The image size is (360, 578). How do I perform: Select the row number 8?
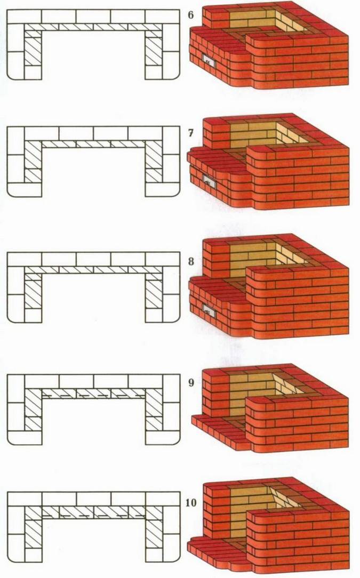191,261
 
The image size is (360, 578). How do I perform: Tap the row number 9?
191,382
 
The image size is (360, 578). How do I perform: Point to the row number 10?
191,502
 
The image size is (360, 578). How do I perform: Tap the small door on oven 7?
209,181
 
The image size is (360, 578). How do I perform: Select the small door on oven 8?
210,310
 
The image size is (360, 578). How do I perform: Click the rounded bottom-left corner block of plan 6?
16,73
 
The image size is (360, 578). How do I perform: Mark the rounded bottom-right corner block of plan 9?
171,438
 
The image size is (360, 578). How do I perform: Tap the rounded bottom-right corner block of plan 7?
171,189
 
